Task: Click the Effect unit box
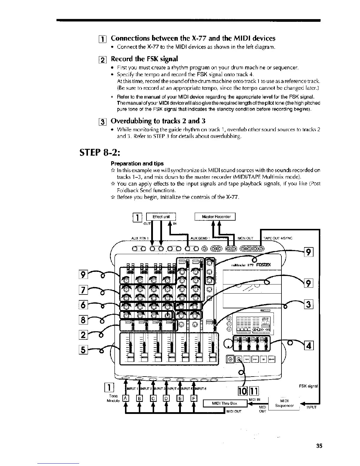[161, 217]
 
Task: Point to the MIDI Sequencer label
[284, 403]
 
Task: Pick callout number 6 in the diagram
[83, 306]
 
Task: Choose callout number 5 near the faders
[83, 350]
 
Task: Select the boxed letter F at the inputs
[194, 399]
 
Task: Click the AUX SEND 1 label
[200, 238]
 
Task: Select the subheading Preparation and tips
[137, 163]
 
